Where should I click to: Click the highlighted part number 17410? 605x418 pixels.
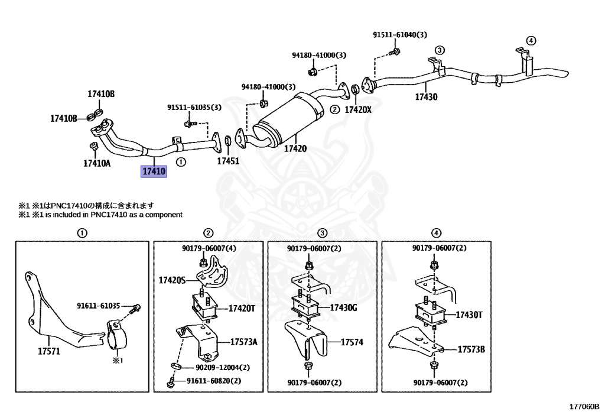click(x=154, y=171)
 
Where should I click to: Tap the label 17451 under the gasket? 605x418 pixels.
click(x=228, y=161)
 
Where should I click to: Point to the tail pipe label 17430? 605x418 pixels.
click(x=426, y=96)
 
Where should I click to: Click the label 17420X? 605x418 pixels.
click(x=358, y=109)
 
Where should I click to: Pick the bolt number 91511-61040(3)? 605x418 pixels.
click(x=400, y=35)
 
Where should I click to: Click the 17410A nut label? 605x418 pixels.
click(x=97, y=163)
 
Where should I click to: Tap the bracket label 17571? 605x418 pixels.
click(x=49, y=351)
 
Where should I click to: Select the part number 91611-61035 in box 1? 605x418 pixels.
click(x=98, y=306)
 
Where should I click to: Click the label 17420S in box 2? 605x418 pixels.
click(x=172, y=280)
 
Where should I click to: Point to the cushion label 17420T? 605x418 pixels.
click(x=242, y=309)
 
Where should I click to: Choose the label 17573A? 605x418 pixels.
click(x=244, y=342)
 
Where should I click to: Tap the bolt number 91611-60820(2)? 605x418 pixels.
click(x=214, y=381)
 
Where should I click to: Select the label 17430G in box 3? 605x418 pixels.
click(x=343, y=307)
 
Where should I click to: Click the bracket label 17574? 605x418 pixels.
click(x=352, y=342)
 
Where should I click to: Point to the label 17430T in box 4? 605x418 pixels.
click(x=469, y=315)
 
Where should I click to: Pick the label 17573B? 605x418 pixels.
click(x=471, y=349)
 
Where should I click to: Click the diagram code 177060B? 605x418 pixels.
click(x=584, y=406)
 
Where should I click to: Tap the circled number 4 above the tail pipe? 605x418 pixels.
click(x=531, y=41)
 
